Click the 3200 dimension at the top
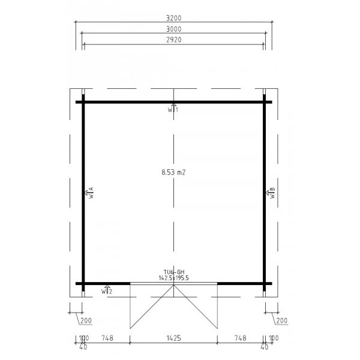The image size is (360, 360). (x=174, y=19)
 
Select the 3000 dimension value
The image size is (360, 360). (x=174, y=29)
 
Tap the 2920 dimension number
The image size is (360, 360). (x=174, y=40)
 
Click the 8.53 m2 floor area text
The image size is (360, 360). (x=173, y=172)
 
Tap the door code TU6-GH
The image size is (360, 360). (x=173, y=272)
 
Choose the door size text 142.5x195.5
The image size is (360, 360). (x=173, y=278)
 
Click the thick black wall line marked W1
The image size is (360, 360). (x=132, y=101)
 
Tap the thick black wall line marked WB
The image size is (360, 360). (x=265, y=150)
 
